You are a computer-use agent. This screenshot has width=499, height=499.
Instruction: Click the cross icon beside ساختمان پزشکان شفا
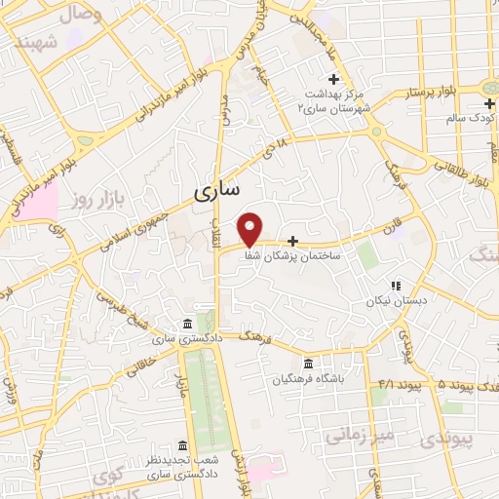pyautogui.click(x=292, y=239)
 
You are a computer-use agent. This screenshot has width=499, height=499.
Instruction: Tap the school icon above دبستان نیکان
pyautogui.click(x=396, y=286)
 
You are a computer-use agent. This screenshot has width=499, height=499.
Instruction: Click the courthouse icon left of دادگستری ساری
pyautogui.click(x=187, y=324)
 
